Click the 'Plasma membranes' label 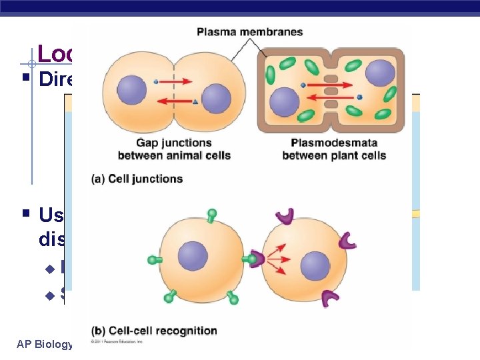pos(250,32)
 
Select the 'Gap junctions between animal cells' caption pos(174,149)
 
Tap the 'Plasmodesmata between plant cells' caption pos(333,149)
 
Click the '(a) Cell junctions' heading pos(137,179)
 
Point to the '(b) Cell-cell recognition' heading pos(154,330)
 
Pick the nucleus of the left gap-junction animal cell pos(132,90)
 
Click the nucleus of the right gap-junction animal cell pos(215,99)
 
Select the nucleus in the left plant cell pos(285,101)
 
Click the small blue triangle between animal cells pos(195,101)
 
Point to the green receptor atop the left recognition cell pos(211,215)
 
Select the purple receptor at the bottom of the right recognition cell pos(329,300)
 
